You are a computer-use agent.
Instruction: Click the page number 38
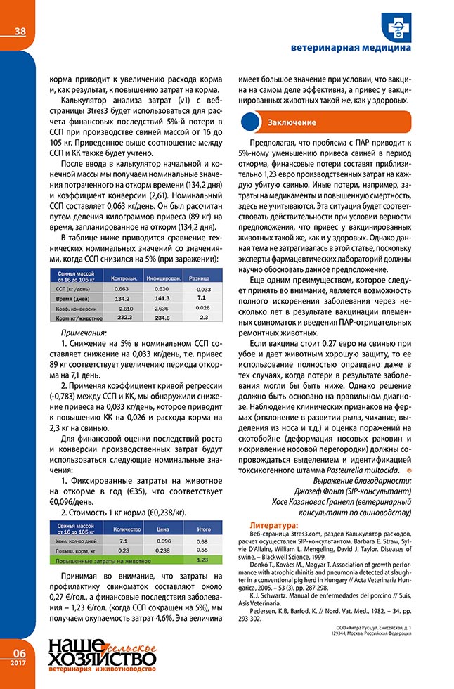point(20,31)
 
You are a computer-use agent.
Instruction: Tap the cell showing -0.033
point(203,289)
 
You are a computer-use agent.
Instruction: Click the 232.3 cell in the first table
point(124,318)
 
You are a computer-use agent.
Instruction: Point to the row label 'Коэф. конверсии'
point(72,308)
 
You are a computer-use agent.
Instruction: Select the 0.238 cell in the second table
point(164,550)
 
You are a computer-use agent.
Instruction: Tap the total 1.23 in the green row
point(204,560)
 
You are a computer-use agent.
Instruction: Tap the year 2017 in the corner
point(19,662)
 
